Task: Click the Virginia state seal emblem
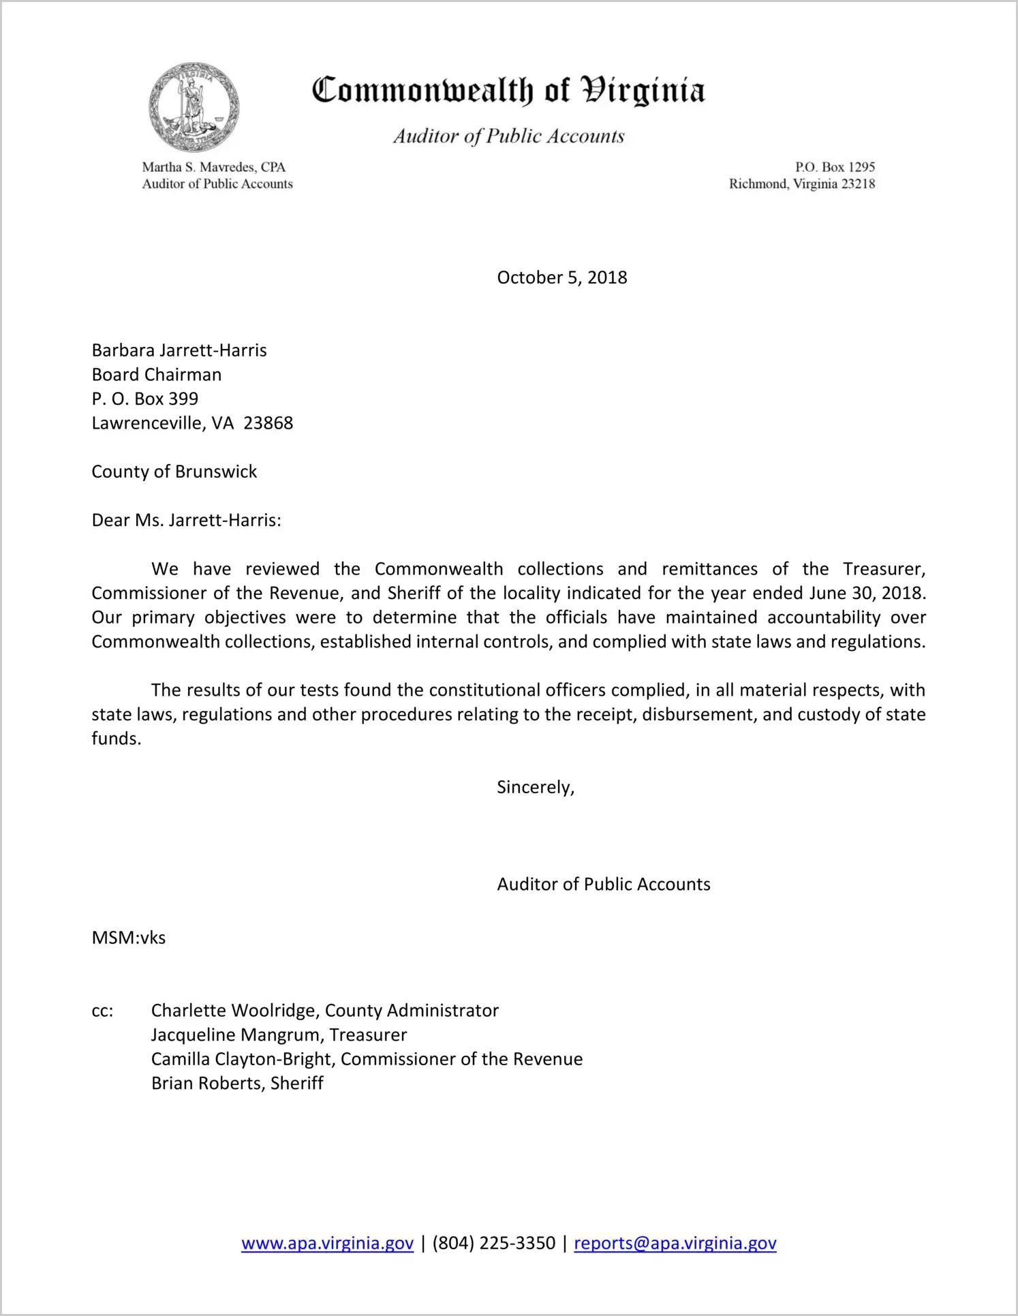coord(194,107)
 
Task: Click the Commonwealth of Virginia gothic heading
coord(508,91)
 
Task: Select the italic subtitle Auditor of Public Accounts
coord(508,136)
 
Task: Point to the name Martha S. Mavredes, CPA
coord(213,167)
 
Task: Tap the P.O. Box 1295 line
coord(835,167)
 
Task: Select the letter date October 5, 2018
coord(561,277)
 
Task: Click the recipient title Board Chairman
coord(157,375)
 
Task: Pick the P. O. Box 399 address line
coord(145,399)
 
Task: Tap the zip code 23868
coord(268,423)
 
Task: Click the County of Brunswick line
coord(174,472)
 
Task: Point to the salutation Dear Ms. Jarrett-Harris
coord(186,521)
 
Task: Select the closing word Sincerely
coord(535,788)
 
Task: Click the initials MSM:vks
coord(129,938)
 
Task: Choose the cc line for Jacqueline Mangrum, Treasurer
coord(279,1035)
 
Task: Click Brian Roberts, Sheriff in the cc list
coord(237,1084)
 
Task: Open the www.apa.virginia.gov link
coord(327,1243)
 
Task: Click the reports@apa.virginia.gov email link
coord(675,1243)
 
